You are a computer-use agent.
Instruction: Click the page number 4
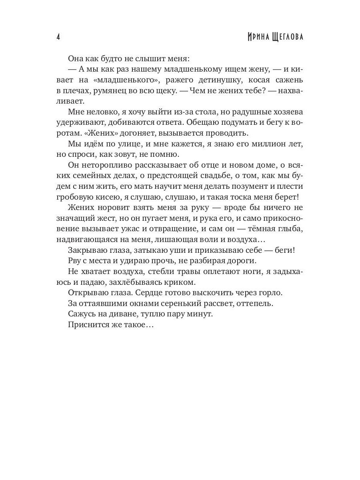click(x=58, y=37)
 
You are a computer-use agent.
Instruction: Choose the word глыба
click(x=291, y=229)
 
